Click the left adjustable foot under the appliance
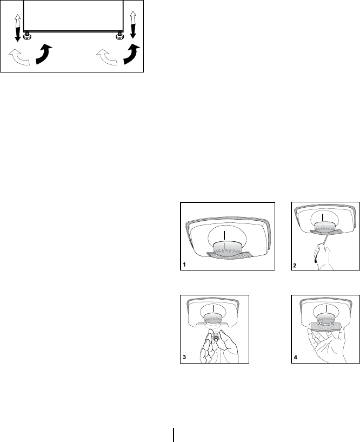28,36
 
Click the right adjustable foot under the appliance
119,36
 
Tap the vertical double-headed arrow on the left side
17,28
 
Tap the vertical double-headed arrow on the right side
133,24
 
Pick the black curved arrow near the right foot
131,54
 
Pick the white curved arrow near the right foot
107,57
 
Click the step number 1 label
184,265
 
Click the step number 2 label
295,265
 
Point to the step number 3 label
184,357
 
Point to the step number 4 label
295,358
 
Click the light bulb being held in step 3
216,338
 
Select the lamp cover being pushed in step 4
325,327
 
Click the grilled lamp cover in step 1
228,255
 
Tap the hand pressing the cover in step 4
327,345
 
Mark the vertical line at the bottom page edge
174,435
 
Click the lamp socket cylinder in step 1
228,248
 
